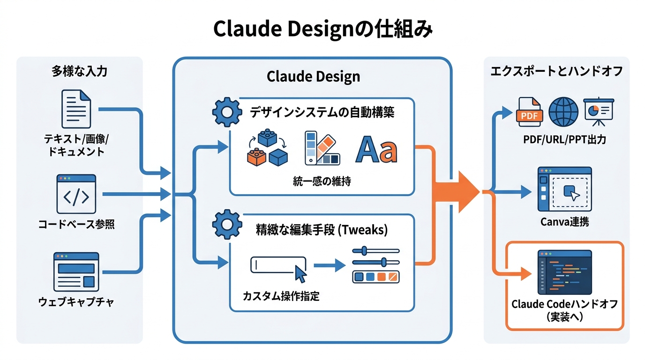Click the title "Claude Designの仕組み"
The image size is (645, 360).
[x=322, y=29]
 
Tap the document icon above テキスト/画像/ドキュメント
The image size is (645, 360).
[x=76, y=109]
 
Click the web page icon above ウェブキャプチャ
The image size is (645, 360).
[x=76, y=272]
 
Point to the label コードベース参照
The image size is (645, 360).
[x=76, y=225]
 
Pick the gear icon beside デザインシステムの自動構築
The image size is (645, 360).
[x=227, y=112]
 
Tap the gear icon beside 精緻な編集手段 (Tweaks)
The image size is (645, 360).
[x=227, y=225]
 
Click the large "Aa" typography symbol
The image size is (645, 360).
[x=376, y=150]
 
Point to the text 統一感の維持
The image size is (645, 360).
[x=322, y=181]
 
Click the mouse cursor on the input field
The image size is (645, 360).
[x=300, y=273]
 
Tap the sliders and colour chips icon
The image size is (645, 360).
[x=375, y=265]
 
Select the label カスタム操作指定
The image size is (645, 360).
[x=281, y=296]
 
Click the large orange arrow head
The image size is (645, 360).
[x=464, y=191]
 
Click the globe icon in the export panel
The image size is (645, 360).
[x=564, y=112]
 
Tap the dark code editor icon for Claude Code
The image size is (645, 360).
[x=564, y=272]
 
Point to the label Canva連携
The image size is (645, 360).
[x=564, y=222]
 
